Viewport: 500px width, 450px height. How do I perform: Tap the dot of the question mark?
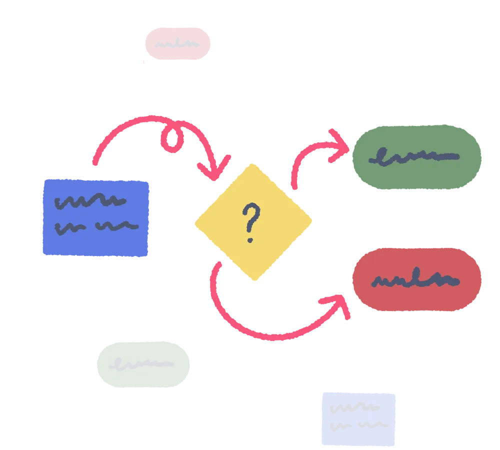tap(249, 239)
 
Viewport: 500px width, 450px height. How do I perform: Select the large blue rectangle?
tap(96, 217)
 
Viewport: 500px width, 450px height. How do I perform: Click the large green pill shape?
tap(417, 157)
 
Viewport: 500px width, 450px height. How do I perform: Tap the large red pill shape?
tap(417, 280)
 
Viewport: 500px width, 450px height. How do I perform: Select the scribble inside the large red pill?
tap(415, 280)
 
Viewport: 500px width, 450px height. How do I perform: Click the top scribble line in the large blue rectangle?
tap(90, 201)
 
